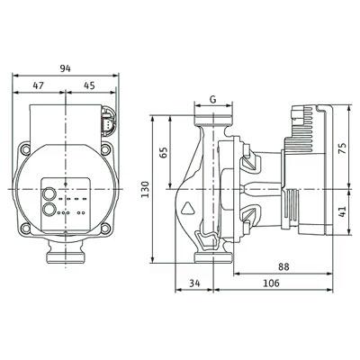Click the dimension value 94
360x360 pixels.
point(65,68)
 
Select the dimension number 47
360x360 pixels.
point(38,85)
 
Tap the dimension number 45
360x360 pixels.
point(89,85)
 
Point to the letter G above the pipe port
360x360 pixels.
point(212,100)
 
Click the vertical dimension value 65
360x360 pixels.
point(163,153)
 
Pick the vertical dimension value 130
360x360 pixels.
point(145,189)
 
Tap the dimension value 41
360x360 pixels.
point(342,211)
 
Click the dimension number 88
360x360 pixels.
point(283,266)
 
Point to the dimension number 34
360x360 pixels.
point(194,283)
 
